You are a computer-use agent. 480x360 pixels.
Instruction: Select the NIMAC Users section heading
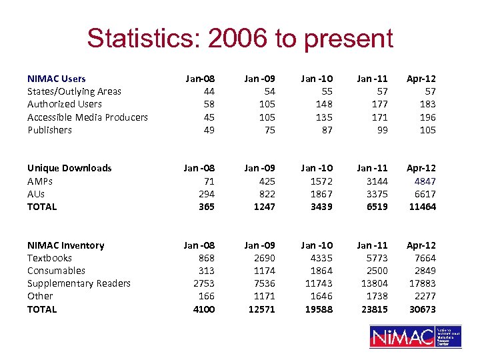(57, 79)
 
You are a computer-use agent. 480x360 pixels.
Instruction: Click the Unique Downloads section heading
(69, 168)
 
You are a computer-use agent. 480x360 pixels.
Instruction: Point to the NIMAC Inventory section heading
(65, 245)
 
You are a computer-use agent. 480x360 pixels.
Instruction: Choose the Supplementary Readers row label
(79, 283)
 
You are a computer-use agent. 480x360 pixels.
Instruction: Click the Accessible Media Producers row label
(87, 117)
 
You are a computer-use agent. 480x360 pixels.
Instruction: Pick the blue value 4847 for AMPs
(424, 181)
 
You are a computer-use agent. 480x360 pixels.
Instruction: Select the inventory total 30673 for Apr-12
(422, 309)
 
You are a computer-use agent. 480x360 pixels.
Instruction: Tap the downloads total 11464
(422, 207)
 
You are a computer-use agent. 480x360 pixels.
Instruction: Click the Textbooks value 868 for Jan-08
(205, 258)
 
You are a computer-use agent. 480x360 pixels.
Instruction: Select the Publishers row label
(49, 130)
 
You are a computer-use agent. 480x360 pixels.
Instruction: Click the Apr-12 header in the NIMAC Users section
(421, 79)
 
